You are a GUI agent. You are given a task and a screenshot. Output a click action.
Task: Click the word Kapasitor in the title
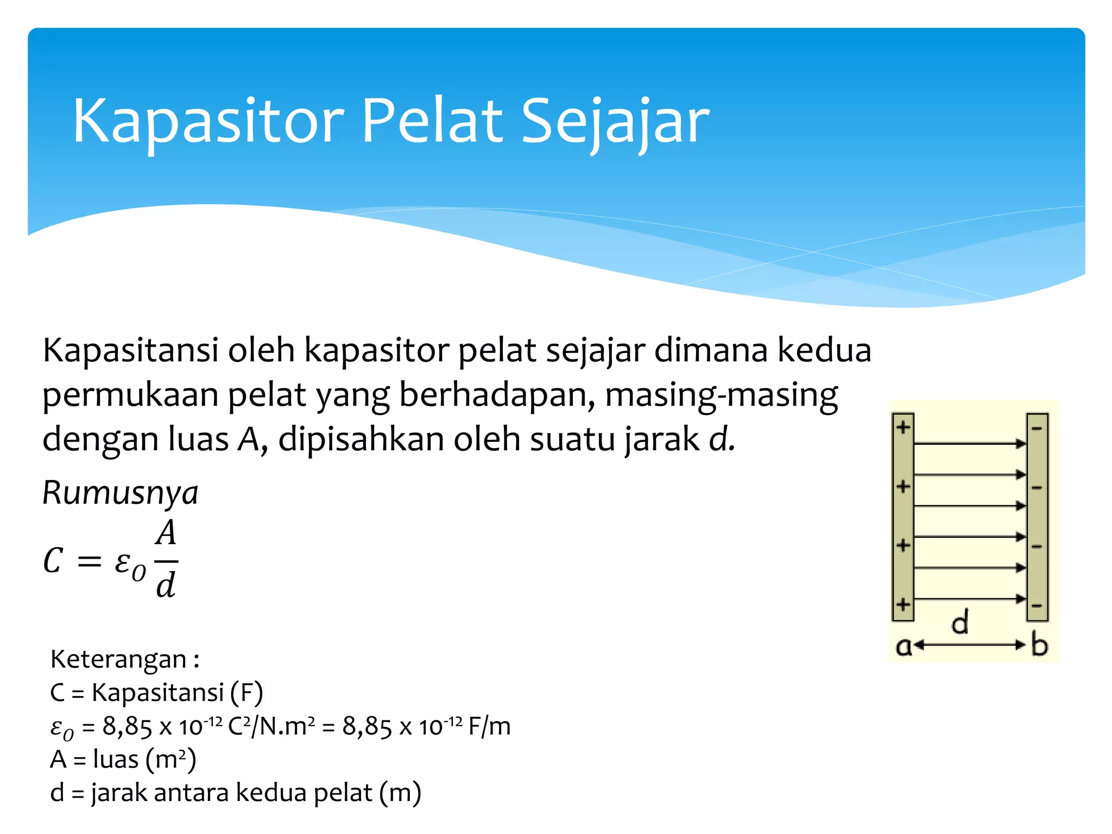click(x=208, y=122)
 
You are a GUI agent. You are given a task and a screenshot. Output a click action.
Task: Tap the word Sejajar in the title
click(x=615, y=122)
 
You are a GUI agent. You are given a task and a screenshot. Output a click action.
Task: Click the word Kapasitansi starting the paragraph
click(x=130, y=350)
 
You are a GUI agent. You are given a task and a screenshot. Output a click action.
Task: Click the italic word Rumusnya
click(x=121, y=493)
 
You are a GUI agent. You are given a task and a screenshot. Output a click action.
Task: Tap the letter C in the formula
click(x=53, y=561)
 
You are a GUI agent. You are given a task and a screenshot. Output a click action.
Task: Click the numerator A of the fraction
click(x=166, y=533)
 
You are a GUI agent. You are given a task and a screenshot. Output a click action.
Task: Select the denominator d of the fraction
click(x=166, y=585)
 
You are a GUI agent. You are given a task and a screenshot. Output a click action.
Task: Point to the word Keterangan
click(x=118, y=659)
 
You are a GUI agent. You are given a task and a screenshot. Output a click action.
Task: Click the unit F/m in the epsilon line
click(x=489, y=726)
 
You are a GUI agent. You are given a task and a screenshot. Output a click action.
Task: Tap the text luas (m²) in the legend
click(x=144, y=759)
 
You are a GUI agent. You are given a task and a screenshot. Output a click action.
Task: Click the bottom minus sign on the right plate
click(x=1037, y=605)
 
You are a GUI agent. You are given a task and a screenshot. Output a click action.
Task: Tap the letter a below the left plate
click(x=903, y=646)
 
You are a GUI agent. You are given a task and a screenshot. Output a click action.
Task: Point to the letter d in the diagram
click(x=960, y=622)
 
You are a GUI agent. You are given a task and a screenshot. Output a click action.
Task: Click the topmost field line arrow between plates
click(x=970, y=444)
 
